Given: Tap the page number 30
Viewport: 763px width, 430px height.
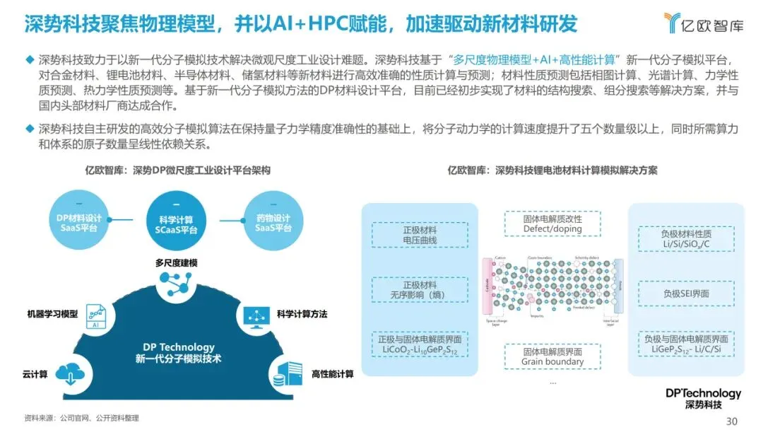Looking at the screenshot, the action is [732, 421].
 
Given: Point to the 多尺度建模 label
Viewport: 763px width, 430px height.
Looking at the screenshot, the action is [176, 262].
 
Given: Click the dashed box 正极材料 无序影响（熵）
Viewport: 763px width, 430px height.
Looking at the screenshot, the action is [420, 289].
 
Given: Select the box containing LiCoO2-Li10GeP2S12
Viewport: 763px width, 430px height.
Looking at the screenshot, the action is [420, 344].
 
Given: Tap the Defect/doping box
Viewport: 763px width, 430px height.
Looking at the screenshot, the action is [552, 223].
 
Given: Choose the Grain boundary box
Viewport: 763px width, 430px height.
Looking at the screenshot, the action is [552, 356].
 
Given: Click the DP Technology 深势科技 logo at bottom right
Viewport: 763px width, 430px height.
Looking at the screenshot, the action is [703, 398].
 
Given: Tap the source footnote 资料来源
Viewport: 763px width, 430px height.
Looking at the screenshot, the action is [81, 418].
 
